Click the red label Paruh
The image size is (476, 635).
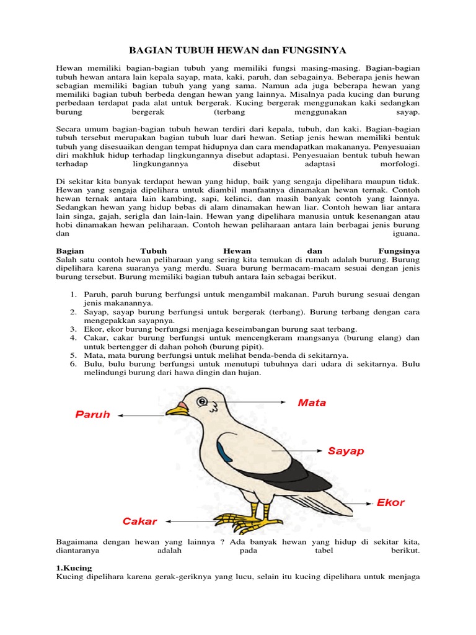pos(93,414)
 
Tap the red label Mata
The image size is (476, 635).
pos(312,402)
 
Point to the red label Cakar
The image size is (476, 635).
pos(140,522)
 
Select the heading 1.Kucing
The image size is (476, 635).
pos(74,567)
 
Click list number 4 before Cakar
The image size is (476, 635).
pos(73,337)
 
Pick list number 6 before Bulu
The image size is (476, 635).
pos(73,364)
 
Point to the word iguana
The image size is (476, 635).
pos(406,234)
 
